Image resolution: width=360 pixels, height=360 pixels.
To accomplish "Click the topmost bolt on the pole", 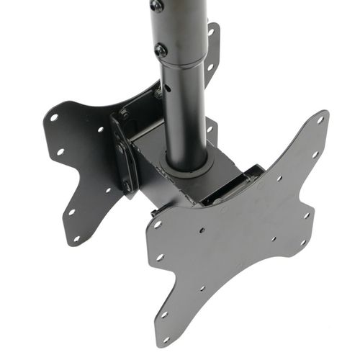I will [156, 6].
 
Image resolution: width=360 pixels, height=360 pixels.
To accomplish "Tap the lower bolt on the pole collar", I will [161, 50].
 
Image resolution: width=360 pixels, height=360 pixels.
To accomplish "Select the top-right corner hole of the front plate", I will [320, 120].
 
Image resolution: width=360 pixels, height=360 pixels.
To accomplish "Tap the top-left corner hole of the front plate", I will [156, 224].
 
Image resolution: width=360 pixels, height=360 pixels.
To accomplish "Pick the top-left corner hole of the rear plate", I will [53, 117].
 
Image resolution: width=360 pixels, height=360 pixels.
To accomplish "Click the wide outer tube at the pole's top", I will [176, 29].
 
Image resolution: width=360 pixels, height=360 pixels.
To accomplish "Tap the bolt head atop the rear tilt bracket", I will [125, 114].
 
